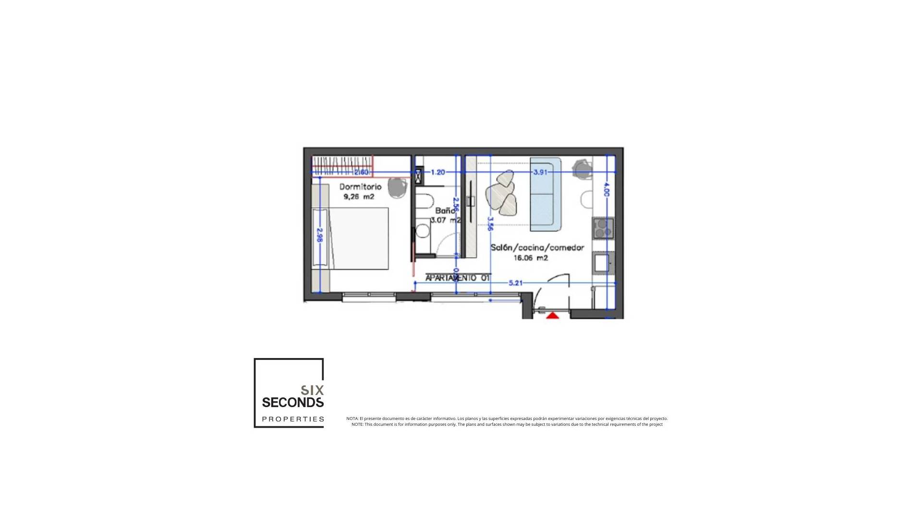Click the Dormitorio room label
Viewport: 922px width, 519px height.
click(360, 187)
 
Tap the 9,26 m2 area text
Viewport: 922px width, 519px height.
click(358, 197)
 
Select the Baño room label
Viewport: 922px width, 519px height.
click(445, 211)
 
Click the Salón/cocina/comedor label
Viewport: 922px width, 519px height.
click(537, 248)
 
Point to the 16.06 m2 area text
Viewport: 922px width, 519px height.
click(531, 258)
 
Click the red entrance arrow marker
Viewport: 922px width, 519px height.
click(553, 315)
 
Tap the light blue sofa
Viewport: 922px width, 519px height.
click(546, 194)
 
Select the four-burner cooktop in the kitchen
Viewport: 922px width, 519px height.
click(603, 228)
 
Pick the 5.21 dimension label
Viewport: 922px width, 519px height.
click(515, 283)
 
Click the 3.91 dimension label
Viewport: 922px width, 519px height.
click(540, 172)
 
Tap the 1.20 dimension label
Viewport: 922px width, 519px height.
click(437, 172)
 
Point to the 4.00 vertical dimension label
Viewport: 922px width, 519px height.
click(606, 189)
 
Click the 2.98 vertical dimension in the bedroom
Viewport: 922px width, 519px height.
click(320, 235)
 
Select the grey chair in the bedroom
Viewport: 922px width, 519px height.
click(397, 187)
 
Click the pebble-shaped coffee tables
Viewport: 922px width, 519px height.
click(502, 194)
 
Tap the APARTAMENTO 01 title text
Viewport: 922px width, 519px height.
click(457, 278)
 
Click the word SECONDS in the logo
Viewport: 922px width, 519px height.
click(292, 402)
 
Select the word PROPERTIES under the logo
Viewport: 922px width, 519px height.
click(293, 419)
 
